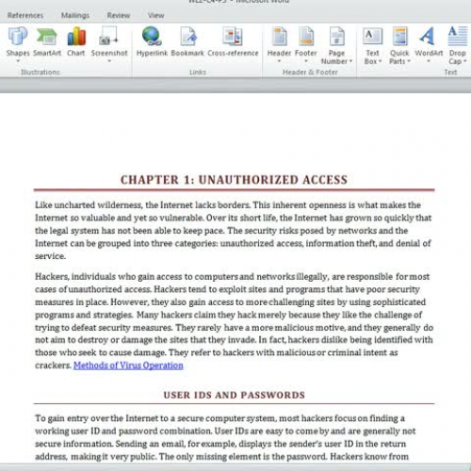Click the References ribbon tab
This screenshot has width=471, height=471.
click(25, 15)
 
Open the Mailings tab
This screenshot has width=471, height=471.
click(75, 15)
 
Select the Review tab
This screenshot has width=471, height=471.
click(119, 15)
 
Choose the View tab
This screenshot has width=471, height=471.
click(155, 15)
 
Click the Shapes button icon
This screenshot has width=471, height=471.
click(18, 37)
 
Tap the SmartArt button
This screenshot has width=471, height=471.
click(47, 37)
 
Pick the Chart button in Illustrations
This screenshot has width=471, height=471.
click(76, 37)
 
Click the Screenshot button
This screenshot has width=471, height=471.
click(108, 37)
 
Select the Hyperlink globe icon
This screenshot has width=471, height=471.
click(152, 37)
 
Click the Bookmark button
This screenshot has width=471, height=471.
click(187, 37)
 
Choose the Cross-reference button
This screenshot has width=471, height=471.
click(232, 37)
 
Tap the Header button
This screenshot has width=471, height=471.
click(279, 37)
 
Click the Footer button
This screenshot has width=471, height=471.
click(306, 37)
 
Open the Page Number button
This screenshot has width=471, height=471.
click(336, 37)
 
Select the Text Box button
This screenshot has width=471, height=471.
click(373, 37)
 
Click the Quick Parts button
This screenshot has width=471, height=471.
click(399, 37)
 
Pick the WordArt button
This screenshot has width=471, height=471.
click(429, 37)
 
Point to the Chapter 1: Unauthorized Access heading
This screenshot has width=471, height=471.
click(234, 180)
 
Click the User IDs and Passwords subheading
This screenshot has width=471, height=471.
click(234, 395)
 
